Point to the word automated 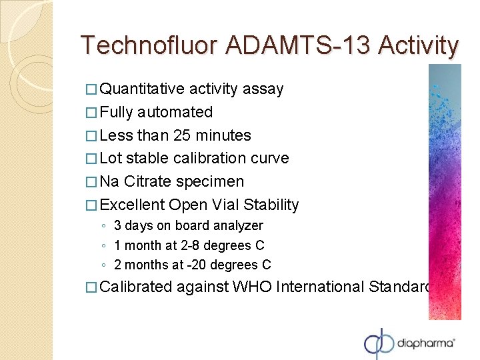175,113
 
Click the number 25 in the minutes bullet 182,136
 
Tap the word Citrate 147,182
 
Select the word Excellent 132,205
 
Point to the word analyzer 237,226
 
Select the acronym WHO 253,287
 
